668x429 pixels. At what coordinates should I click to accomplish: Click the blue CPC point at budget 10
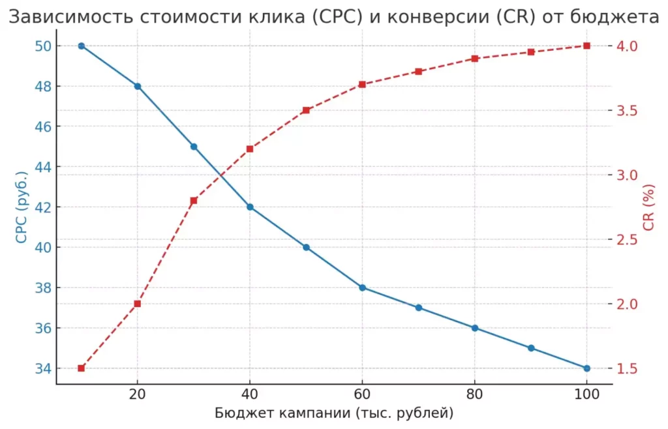point(82,46)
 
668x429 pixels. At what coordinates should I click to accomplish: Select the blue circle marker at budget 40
point(250,207)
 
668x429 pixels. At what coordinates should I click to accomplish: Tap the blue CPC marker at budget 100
point(587,368)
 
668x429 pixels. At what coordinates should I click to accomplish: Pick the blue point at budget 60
point(363,288)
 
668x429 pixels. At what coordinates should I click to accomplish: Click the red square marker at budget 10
point(82,368)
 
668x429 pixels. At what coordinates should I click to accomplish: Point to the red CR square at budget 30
point(194,200)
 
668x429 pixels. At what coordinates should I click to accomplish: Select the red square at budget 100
point(587,46)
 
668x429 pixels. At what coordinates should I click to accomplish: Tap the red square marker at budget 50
point(306,110)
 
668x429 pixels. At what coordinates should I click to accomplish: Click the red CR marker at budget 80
point(475,59)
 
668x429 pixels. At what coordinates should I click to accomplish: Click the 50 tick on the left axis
point(42,46)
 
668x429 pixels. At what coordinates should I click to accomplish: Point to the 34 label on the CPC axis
point(42,368)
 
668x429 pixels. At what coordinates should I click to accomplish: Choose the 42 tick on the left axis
point(42,207)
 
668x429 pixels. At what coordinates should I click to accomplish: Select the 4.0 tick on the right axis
point(627,46)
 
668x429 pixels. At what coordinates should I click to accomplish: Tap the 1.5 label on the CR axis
point(627,368)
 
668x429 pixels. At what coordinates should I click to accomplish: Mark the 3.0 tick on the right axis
point(627,175)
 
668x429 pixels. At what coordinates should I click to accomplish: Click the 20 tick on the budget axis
point(137,394)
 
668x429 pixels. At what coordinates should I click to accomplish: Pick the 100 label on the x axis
point(587,394)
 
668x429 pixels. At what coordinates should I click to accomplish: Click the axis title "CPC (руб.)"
point(22,207)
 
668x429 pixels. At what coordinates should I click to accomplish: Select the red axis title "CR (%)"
point(648,207)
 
